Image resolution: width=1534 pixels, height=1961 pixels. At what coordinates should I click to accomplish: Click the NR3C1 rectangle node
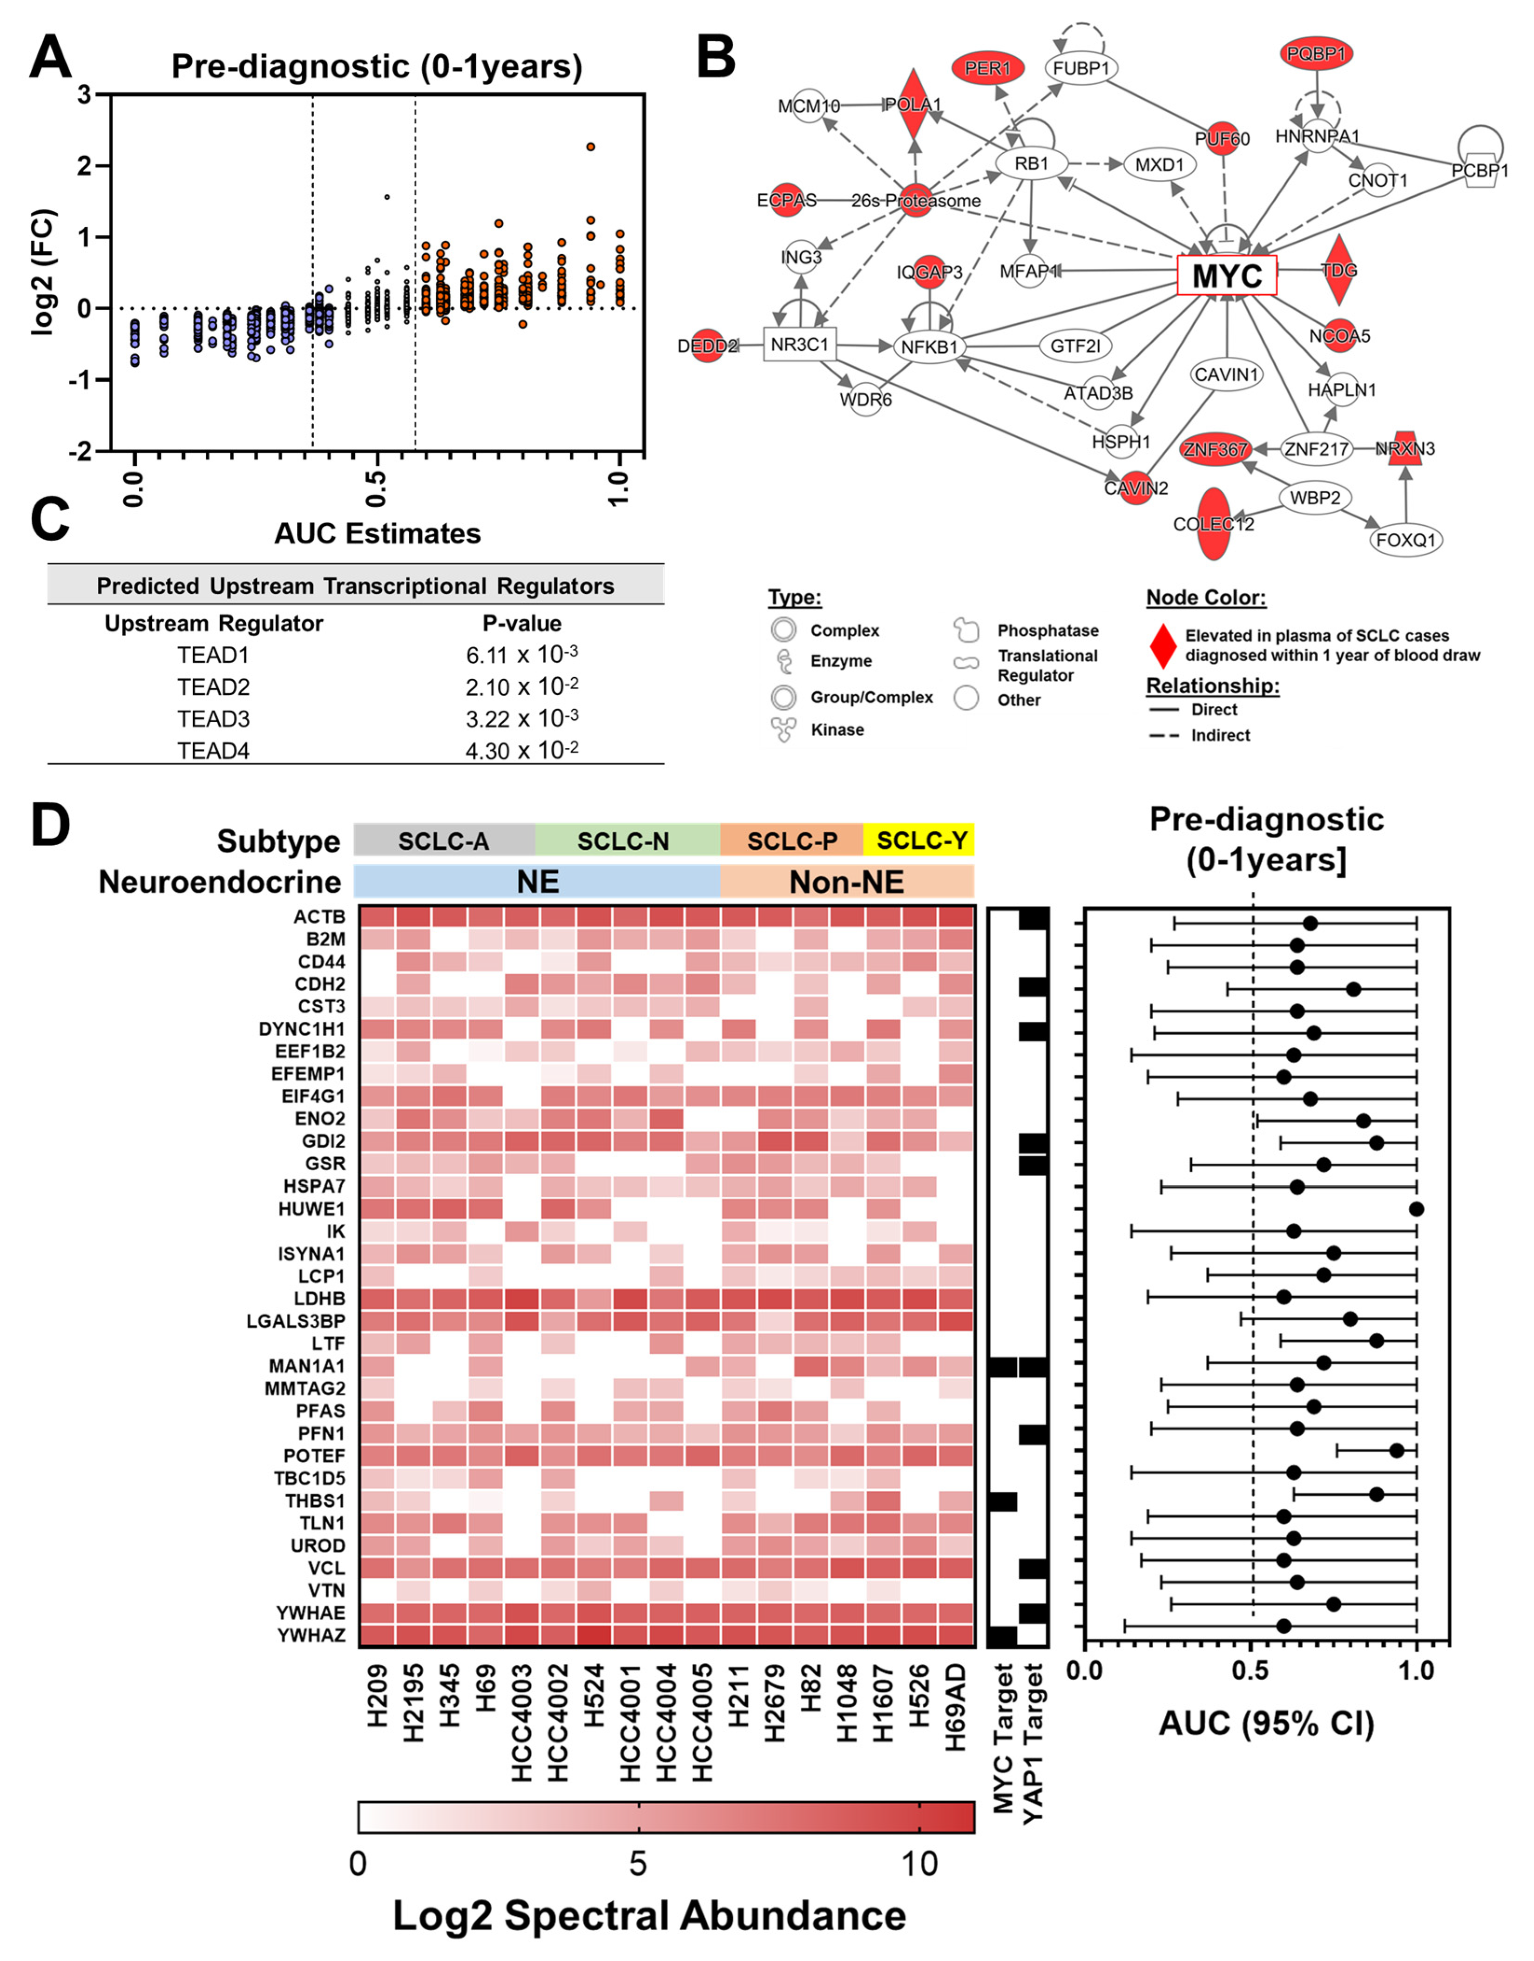coord(799,344)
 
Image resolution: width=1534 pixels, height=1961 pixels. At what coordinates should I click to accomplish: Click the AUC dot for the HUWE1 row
coord(1416,1209)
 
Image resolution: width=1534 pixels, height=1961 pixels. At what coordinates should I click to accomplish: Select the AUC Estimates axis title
coord(377,534)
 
